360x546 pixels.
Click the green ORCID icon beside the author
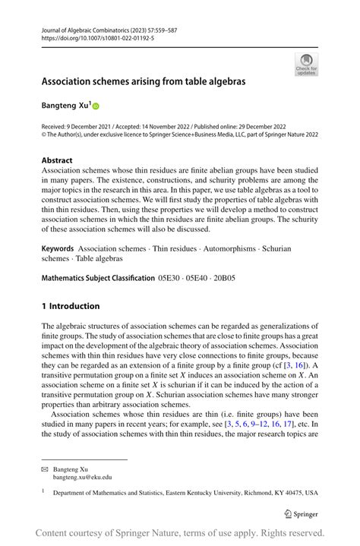pos(96,106)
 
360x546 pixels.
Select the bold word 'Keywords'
pos(57,248)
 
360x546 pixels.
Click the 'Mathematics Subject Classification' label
pos(98,278)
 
